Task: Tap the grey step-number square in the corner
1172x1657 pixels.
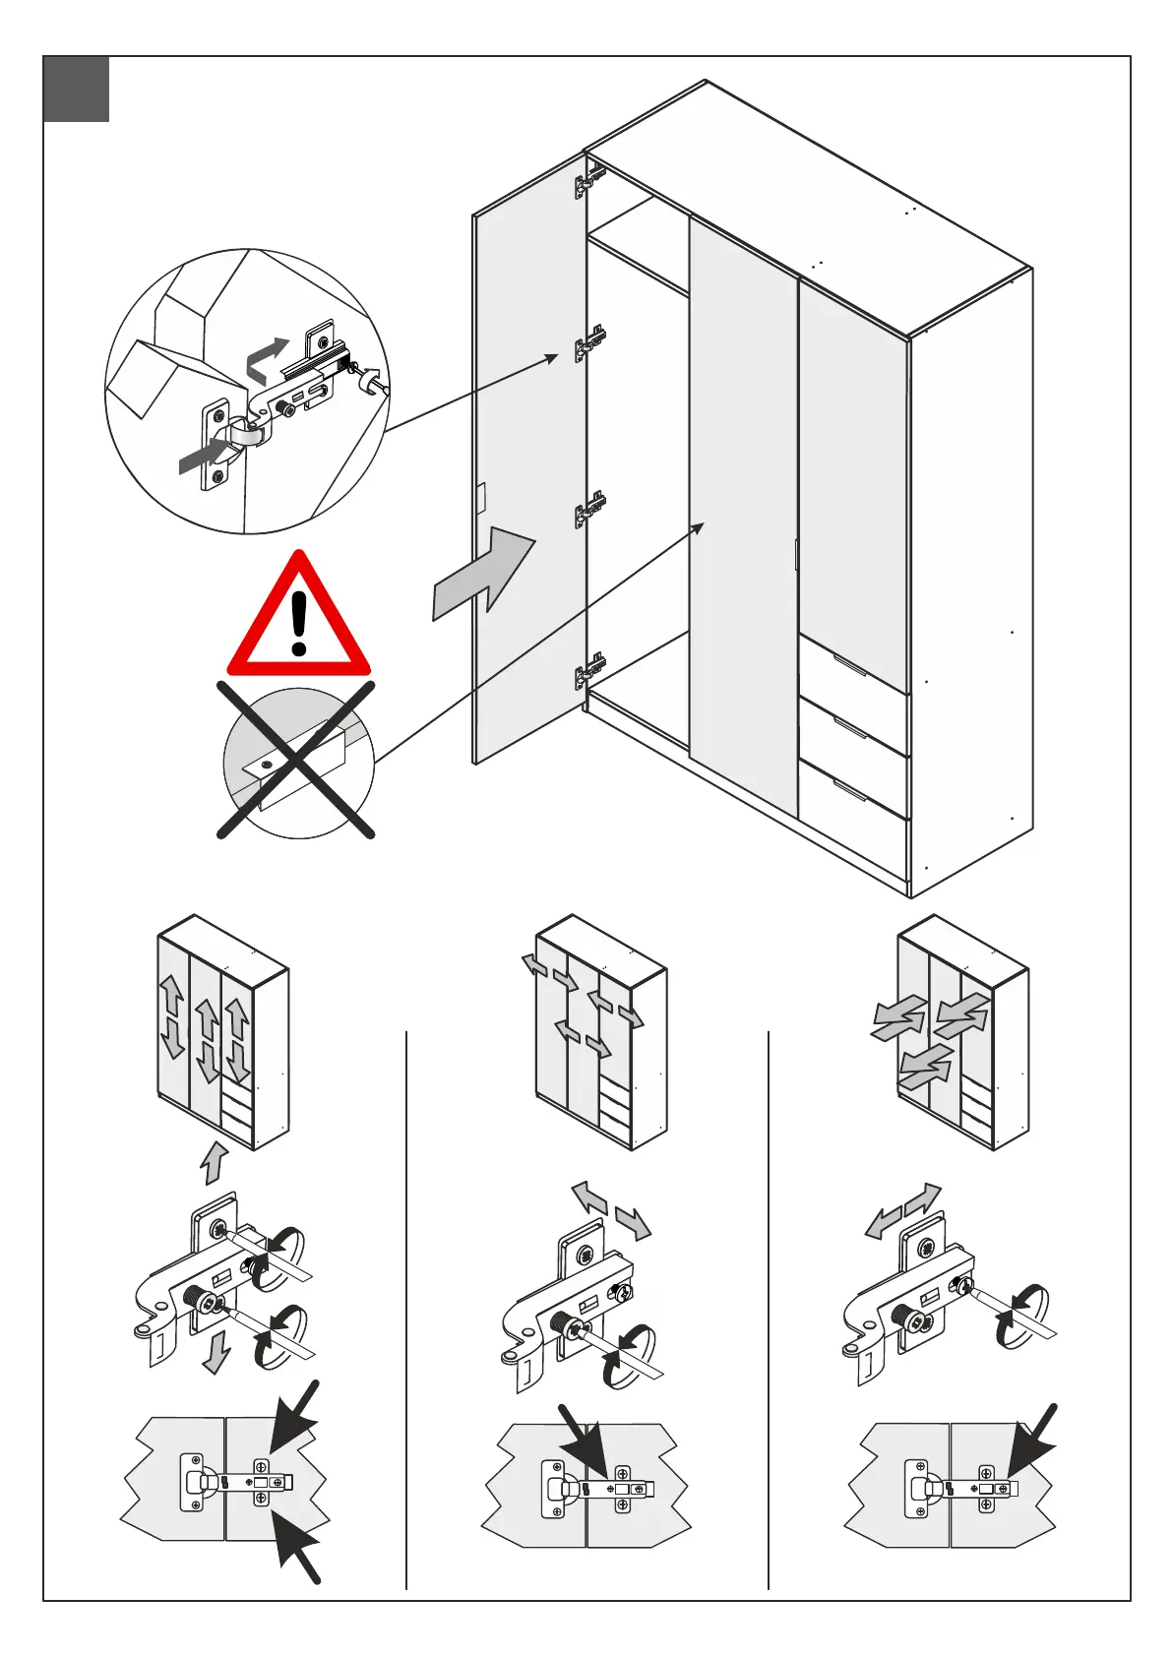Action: click(76, 90)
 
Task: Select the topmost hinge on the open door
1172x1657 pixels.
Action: click(589, 181)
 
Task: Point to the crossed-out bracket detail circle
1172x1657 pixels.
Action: click(298, 763)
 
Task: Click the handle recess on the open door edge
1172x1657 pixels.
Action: click(481, 499)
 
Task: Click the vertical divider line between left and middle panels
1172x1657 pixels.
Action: click(406, 1309)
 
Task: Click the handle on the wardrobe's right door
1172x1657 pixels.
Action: click(795, 553)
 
